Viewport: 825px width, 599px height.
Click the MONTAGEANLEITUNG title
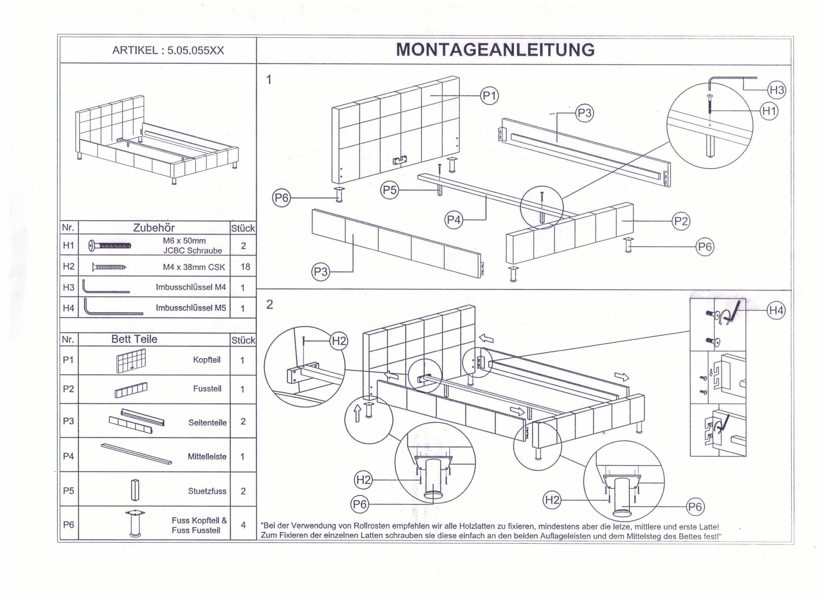coord(495,50)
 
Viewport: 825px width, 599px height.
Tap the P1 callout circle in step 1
coord(489,96)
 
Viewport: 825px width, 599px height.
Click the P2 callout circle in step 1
coord(681,221)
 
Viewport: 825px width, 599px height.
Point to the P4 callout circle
coord(454,220)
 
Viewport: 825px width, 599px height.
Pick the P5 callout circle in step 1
coord(390,190)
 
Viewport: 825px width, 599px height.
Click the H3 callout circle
coord(777,90)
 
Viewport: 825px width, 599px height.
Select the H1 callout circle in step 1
coord(769,111)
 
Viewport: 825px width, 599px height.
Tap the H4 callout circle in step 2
coord(776,310)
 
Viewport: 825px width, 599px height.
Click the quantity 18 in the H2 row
coord(245,267)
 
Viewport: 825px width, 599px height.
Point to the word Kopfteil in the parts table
coord(207,360)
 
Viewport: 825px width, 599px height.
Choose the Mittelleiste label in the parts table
coord(207,457)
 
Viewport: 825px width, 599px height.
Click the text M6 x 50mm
coord(184,241)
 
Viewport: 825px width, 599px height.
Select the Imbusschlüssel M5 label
coord(191,308)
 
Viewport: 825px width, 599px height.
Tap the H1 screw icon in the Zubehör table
coord(110,246)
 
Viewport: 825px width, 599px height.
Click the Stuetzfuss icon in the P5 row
coord(135,490)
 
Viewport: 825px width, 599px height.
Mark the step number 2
coord(269,305)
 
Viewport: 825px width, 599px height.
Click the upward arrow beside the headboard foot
coord(357,414)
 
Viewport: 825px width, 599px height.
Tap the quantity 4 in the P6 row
coord(243,525)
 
